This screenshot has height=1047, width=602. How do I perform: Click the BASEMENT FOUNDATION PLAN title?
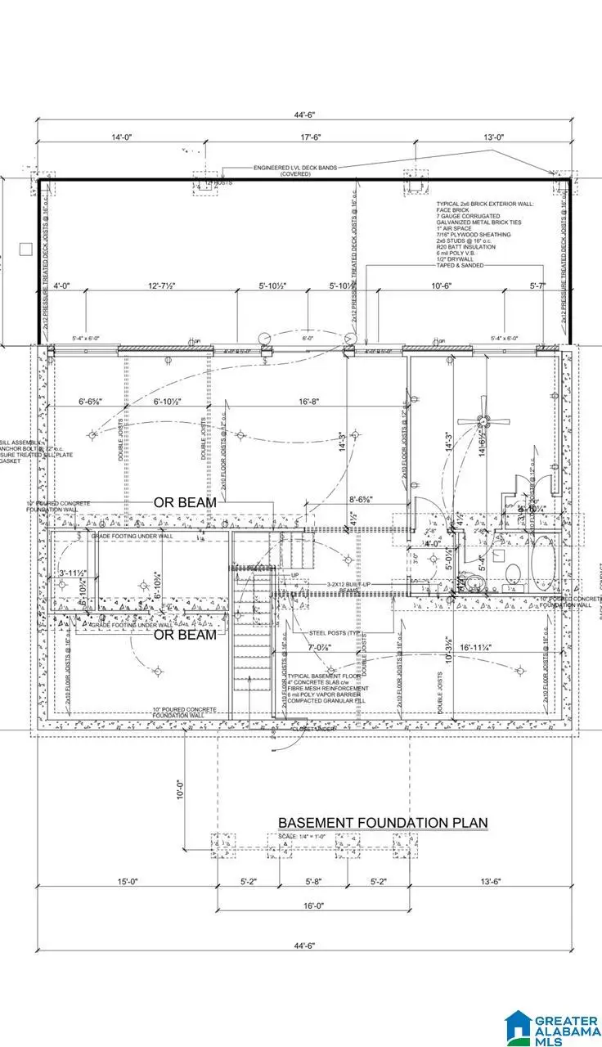383,822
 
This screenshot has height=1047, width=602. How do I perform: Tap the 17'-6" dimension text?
296,138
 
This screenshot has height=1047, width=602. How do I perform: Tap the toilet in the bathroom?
511,573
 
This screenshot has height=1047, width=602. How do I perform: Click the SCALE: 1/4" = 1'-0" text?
301,836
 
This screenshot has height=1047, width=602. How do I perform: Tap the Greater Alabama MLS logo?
549,1022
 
